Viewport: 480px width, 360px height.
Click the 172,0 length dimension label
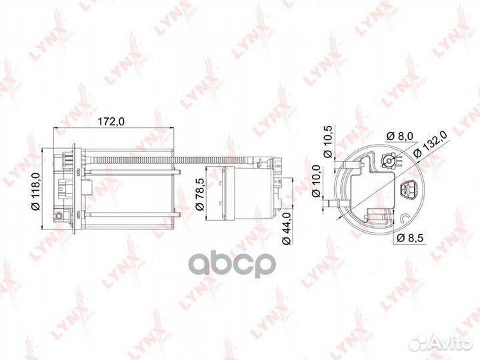111,121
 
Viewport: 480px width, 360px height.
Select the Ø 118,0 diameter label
36,191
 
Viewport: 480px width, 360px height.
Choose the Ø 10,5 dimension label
328,141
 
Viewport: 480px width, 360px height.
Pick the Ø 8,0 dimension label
399,135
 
